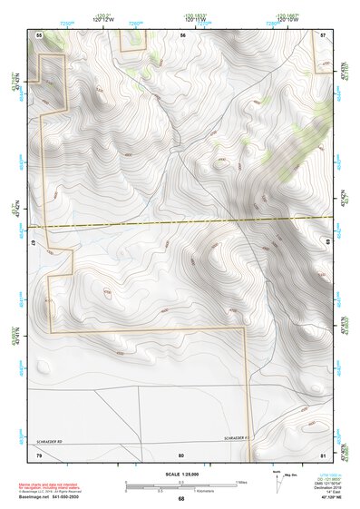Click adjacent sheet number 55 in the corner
coord(39,34)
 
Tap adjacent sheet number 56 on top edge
coord(182,34)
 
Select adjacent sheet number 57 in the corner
coord(325,34)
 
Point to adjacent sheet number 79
coord(39,455)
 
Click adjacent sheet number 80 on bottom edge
coord(181,455)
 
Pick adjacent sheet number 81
coord(325,455)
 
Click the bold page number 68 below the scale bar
coord(181,498)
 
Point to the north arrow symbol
coord(277,479)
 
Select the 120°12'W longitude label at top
coord(102,18)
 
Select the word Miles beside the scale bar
coord(242,482)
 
